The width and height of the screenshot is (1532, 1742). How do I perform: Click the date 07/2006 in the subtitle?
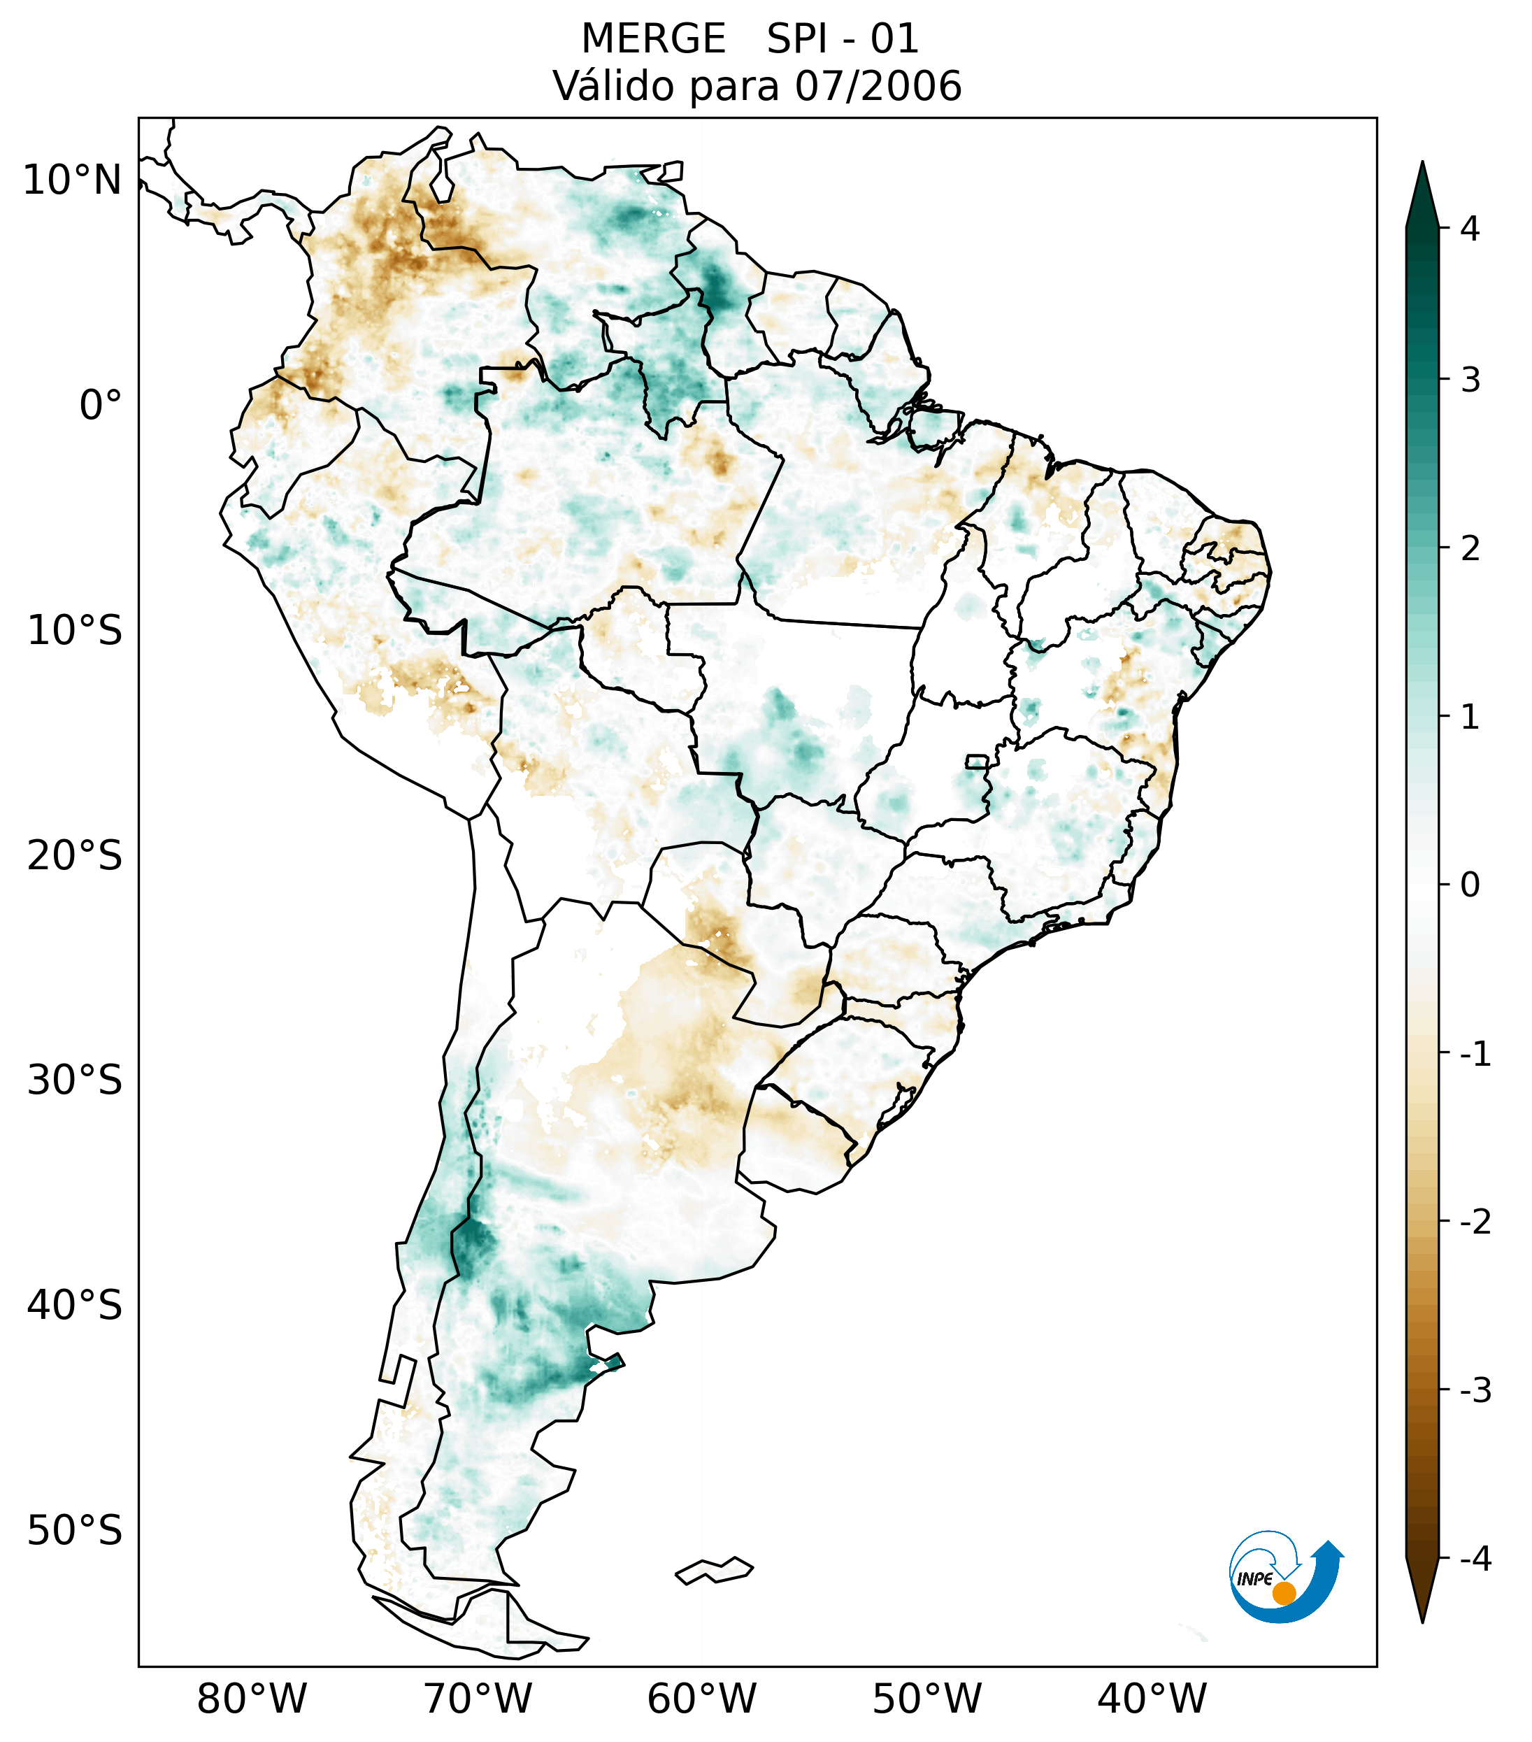click(878, 86)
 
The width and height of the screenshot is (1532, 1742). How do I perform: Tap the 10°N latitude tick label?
click(73, 180)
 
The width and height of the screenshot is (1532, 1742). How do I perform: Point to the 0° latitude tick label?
click(101, 406)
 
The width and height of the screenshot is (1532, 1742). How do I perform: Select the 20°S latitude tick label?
click(75, 856)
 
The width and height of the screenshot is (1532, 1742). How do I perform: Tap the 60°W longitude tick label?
click(701, 1699)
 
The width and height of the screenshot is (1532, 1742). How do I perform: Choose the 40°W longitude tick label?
click(1152, 1699)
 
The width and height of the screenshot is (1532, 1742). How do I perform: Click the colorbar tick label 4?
click(1470, 229)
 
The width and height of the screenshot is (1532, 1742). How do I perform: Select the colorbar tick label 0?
click(1470, 885)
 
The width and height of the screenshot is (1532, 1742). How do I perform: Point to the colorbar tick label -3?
click(1475, 1391)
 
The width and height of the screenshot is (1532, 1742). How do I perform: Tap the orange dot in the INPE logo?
click(1284, 1593)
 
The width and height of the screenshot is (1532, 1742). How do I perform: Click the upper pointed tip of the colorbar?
click(1422, 167)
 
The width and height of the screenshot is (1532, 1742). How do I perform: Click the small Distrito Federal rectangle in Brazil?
click(978, 761)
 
